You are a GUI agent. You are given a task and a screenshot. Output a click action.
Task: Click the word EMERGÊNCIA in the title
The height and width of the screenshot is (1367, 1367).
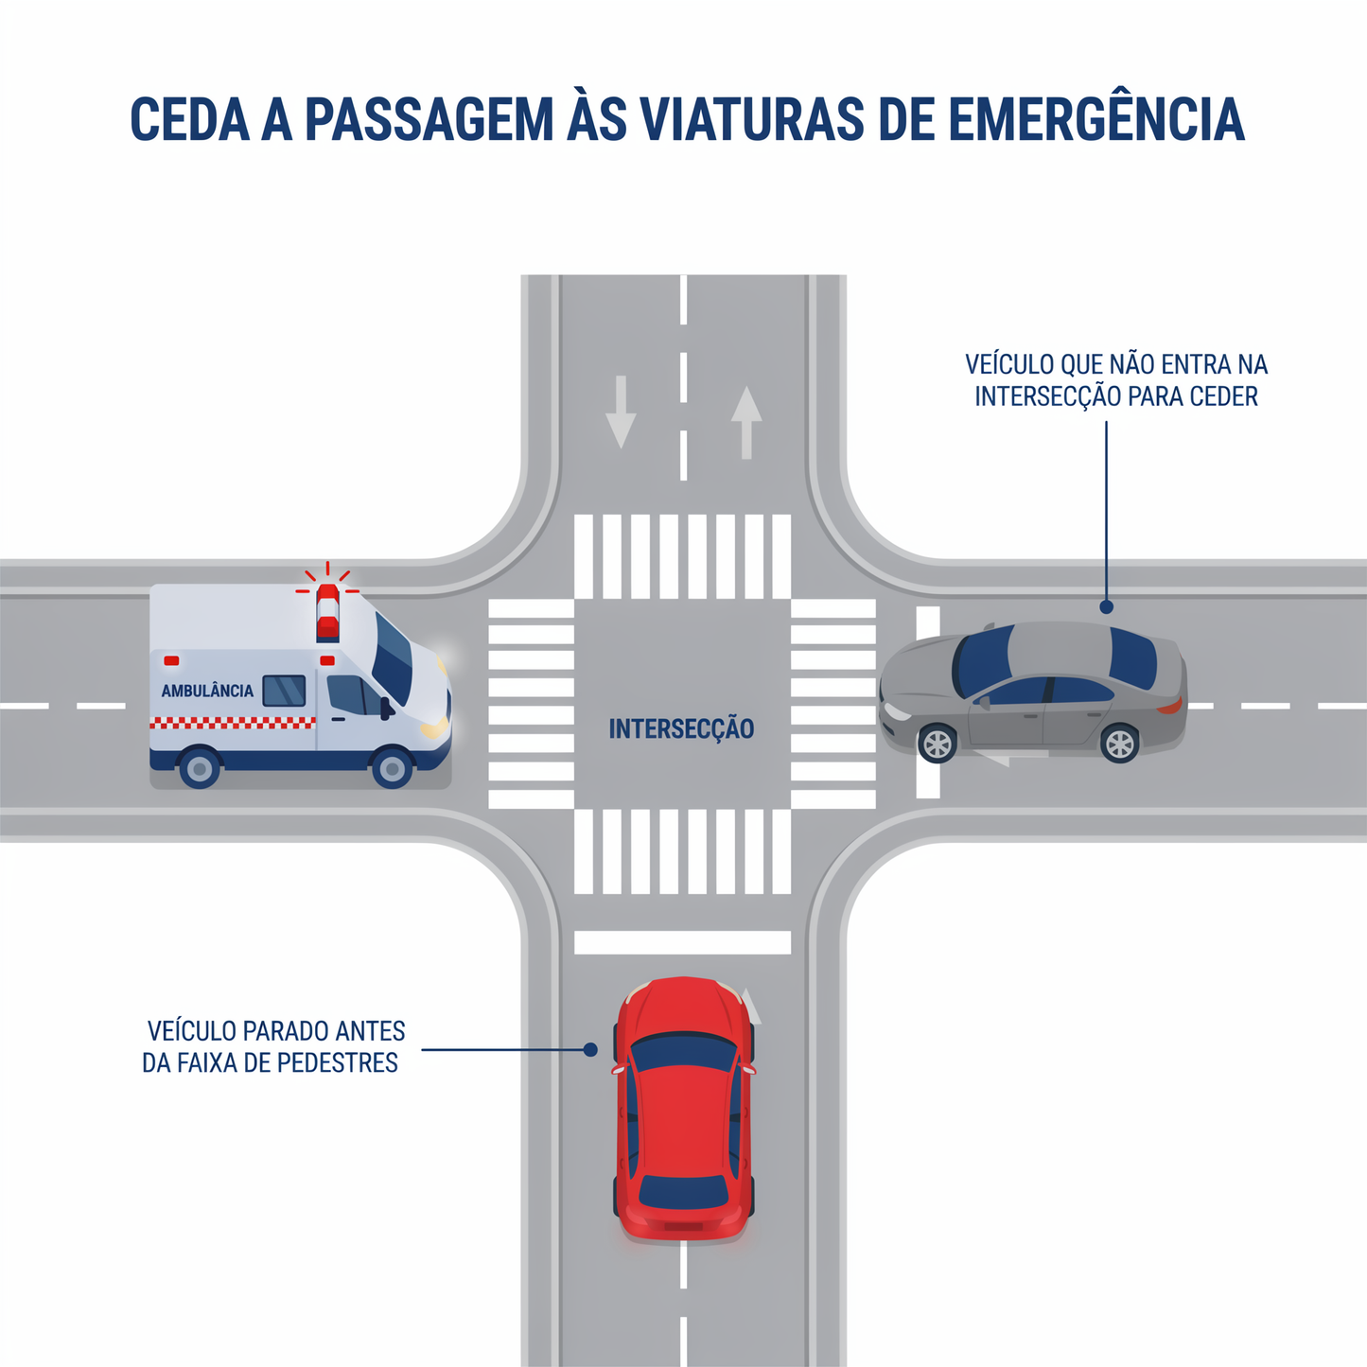pos(1096,117)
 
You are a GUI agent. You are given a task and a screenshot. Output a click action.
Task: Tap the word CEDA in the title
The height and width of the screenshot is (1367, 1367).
pos(190,119)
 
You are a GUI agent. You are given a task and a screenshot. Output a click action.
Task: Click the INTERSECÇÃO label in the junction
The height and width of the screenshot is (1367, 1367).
pos(681,728)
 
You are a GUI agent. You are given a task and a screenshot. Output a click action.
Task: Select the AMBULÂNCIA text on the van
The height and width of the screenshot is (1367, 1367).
pos(207,691)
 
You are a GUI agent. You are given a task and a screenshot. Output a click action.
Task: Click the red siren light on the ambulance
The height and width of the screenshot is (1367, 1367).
pos(327,611)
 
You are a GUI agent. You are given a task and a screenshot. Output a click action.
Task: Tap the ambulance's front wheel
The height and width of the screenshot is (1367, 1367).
pos(393,767)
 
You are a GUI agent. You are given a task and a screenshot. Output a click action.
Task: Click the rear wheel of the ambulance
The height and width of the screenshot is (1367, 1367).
pos(200,767)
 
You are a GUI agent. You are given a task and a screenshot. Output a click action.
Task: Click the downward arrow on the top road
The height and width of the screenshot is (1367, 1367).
pos(621,412)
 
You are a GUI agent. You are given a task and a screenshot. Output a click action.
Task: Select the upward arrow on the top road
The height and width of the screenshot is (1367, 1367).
pos(746,422)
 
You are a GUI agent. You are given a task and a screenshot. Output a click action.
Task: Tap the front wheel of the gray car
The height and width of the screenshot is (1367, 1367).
pos(938,744)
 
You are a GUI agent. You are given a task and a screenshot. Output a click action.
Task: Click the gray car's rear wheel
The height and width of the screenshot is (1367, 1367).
pos(1120,744)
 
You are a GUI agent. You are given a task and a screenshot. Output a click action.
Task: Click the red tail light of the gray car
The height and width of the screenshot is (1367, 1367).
pos(1170,706)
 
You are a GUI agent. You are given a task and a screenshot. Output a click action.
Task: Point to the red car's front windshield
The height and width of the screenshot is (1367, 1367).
pos(684,1052)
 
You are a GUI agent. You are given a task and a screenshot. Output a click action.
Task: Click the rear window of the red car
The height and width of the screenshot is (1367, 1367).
pos(684,1193)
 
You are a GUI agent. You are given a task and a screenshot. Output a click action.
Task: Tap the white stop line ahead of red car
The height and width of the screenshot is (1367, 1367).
pos(682,942)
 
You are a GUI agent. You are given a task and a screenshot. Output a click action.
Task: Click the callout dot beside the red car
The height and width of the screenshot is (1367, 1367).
pos(590,1050)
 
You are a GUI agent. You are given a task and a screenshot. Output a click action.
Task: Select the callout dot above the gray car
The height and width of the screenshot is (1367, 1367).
pos(1106,606)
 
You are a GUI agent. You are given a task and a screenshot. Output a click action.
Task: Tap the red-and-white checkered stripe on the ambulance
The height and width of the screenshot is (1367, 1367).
pos(232,723)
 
